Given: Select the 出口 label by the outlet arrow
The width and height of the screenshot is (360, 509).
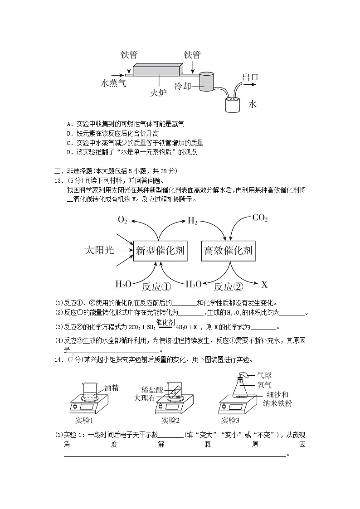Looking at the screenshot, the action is [250, 77].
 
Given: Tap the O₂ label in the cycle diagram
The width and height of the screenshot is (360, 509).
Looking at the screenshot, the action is [122, 220].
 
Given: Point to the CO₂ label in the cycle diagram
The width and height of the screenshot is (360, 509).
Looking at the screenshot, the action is [260, 218].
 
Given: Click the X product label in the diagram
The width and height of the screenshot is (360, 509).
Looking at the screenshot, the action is [264, 285].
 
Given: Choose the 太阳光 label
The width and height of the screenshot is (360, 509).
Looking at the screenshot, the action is [99, 250].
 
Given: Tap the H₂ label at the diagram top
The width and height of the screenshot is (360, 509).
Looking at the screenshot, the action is [193, 221].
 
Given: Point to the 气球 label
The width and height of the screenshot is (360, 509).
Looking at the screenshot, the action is [264, 375].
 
